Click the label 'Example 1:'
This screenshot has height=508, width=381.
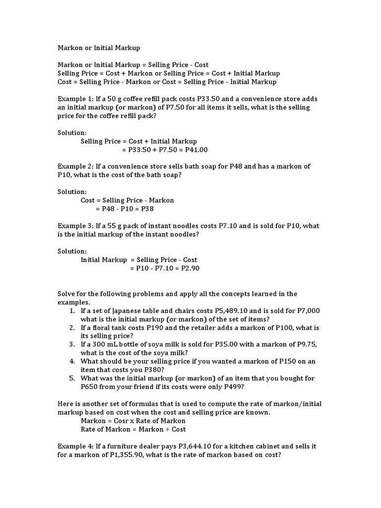click(x=74, y=99)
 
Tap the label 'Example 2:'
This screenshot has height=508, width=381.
click(x=74, y=166)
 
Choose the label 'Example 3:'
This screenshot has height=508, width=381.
click(x=74, y=226)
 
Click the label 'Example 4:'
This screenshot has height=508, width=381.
click(x=74, y=446)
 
